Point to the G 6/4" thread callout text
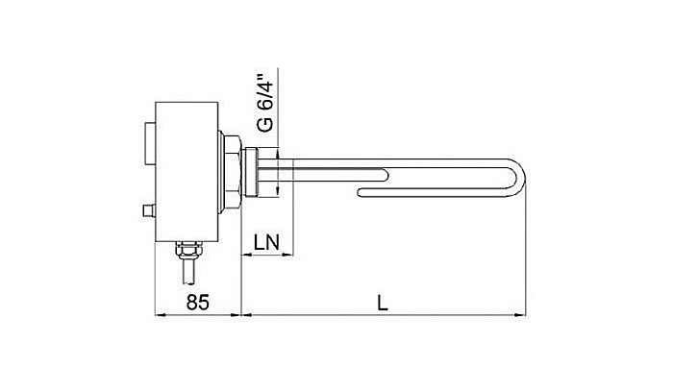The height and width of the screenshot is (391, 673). click(266, 101)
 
